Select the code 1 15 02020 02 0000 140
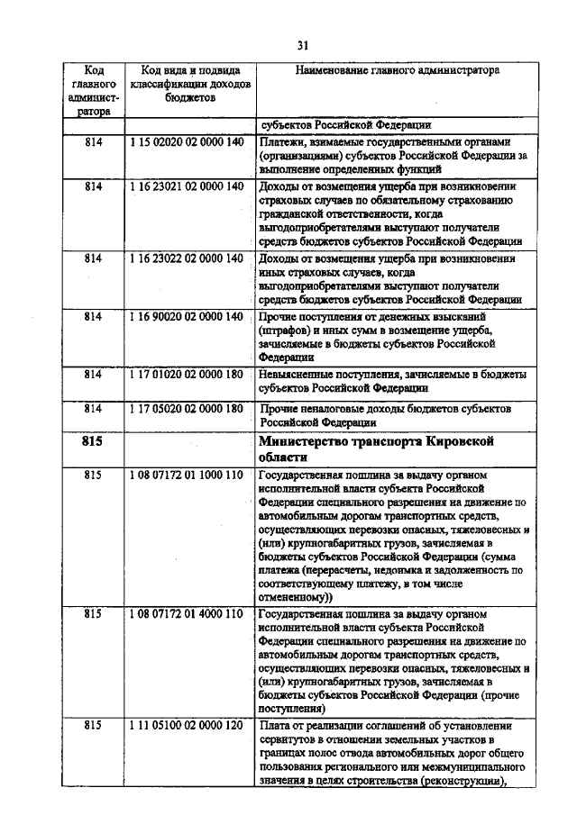point(186,142)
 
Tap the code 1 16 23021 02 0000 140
point(186,186)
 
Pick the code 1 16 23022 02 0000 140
point(186,258)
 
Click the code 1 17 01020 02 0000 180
point(186,373)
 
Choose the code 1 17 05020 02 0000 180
point(186,408)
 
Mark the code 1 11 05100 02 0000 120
point(186,725)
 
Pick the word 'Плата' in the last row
point(274,726)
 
